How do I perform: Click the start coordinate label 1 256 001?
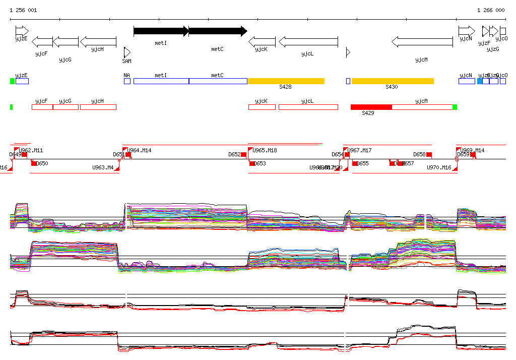click(23, 10)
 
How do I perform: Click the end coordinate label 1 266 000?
click(490, 10)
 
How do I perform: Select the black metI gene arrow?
click(161, 31)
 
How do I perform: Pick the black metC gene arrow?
click(218, 31)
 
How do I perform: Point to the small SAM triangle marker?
click(127, 52)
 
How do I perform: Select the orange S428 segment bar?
click(286, 81)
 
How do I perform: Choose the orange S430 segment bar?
click(393, 81)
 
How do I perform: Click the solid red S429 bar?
click(371, 107)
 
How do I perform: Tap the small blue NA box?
click(127, 81)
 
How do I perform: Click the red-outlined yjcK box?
click(262, 107)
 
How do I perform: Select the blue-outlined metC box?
click(218, 81)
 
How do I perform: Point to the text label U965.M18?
click(265, 150)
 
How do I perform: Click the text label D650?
click(42, 163)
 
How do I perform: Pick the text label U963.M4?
click(102, 167)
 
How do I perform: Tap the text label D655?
click(363, 163)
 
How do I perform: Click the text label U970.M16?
click(439, 167)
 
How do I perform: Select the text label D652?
click(234, 154)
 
